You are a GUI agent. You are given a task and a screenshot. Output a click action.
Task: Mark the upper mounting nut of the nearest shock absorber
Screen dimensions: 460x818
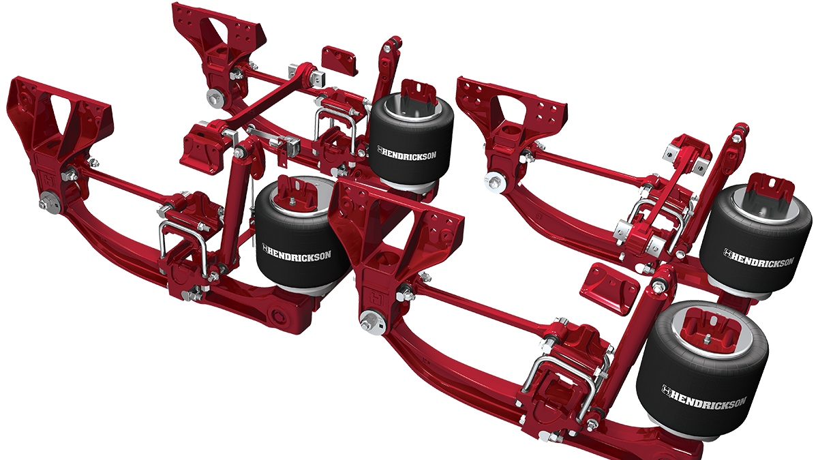(x=658, y=286)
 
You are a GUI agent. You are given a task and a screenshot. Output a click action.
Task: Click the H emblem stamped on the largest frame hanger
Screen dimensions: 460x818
(x=374, y=297)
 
